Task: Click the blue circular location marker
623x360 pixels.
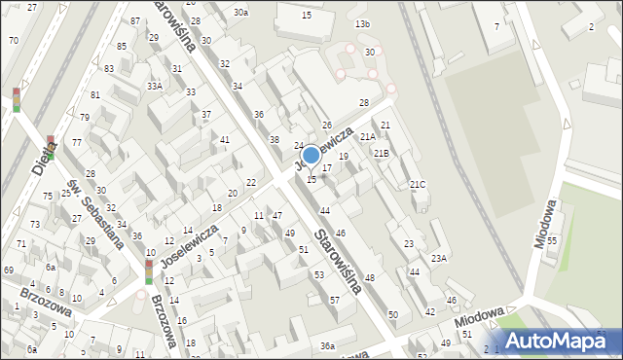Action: pos(311,155)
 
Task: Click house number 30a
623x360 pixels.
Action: pos(240,13)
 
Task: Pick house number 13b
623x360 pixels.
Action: pos(362,23)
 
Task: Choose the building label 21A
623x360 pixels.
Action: pos(368,138)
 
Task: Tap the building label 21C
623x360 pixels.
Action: pos(417,185)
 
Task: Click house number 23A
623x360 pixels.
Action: pos(439,258)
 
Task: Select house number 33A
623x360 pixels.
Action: pos(155,86)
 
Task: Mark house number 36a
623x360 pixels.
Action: pos(328,346)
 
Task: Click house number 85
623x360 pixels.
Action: pos(122,47)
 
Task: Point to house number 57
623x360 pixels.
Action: pos(334,300)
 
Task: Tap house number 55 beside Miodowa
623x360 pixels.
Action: pos(551,240)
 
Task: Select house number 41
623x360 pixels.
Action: pos(225,140)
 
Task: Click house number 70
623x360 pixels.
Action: pos(13,40)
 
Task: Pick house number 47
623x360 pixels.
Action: pos(277,215)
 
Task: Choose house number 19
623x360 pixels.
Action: pos(343,157)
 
